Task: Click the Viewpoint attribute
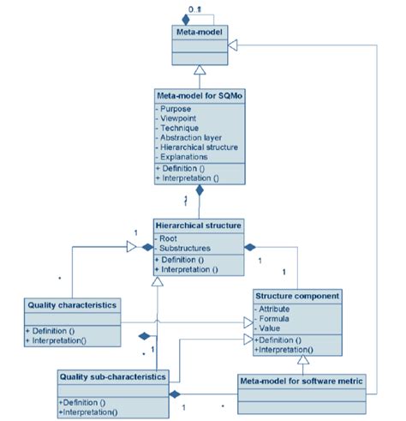(179, 118)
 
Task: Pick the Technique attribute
(180, 129)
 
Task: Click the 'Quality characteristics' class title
(72, 304)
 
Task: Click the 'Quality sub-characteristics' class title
(113, 376)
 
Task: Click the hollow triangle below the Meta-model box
(199, 69)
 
